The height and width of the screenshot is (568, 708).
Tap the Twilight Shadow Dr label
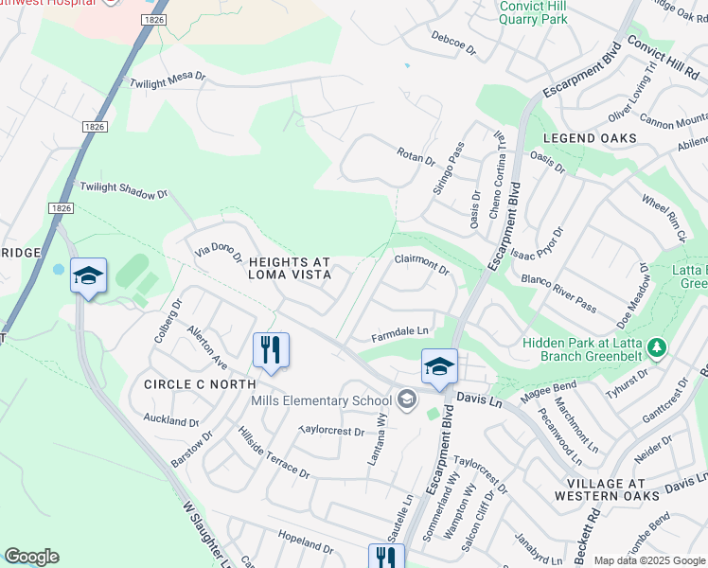pos(123,190)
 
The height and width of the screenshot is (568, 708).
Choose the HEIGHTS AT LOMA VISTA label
pos(289,268)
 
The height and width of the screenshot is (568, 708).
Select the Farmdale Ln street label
pos(400,332)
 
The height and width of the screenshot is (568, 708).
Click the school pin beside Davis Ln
pos(439,367)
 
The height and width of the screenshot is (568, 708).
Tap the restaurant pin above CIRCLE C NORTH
pos(271,350)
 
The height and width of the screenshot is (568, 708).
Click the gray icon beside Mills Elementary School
pos(407,400)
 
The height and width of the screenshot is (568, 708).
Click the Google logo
pos(31,557)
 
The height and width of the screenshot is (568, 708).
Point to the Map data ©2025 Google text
pos(648,560)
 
